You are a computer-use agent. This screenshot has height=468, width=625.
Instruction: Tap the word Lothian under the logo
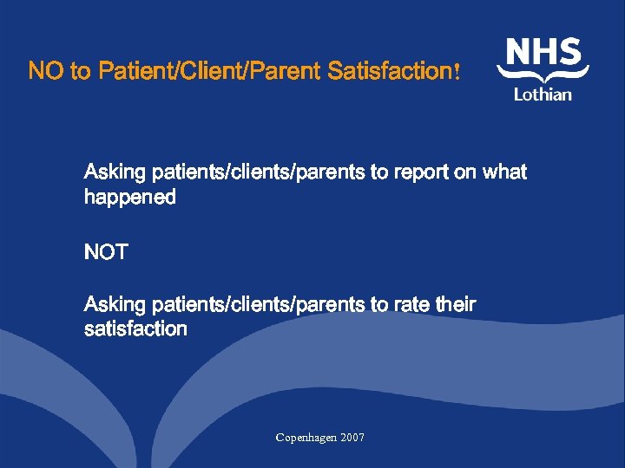[x=543, y=94]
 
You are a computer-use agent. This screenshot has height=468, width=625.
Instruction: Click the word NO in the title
[x=46, y=71]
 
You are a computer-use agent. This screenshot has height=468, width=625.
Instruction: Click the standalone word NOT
[x=106, y=252]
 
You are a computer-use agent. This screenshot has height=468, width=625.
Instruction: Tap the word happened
[x=129, y=198]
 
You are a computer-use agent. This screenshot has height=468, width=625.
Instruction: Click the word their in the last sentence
[x=456, y=304]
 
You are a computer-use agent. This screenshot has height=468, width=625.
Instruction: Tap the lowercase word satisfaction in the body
[x=135, y=328]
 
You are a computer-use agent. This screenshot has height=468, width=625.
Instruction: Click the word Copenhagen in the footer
[x=306, y=438]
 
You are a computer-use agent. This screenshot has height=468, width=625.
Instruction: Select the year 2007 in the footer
[x=352, y=438]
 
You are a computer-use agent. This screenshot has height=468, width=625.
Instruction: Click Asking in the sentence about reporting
[x=115, y=172]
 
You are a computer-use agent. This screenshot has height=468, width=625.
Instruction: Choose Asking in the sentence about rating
[x=115, y=304]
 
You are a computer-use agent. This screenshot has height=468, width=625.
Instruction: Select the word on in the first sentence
[x=464, y=172]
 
